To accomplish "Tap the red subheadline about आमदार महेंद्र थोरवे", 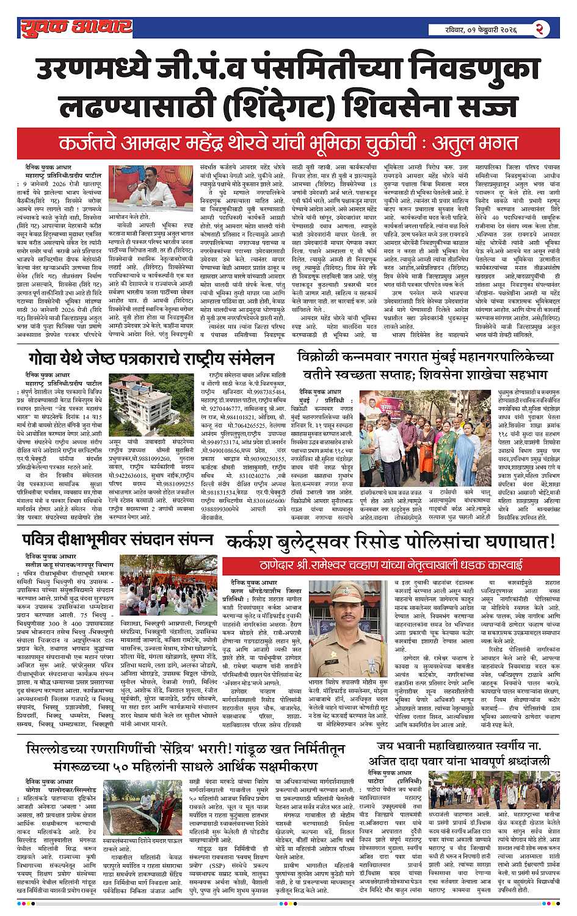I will [288, 144].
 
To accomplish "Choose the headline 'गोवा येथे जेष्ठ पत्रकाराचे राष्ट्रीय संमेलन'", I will [151, 358].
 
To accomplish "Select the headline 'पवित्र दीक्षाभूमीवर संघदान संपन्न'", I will [118, 541].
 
